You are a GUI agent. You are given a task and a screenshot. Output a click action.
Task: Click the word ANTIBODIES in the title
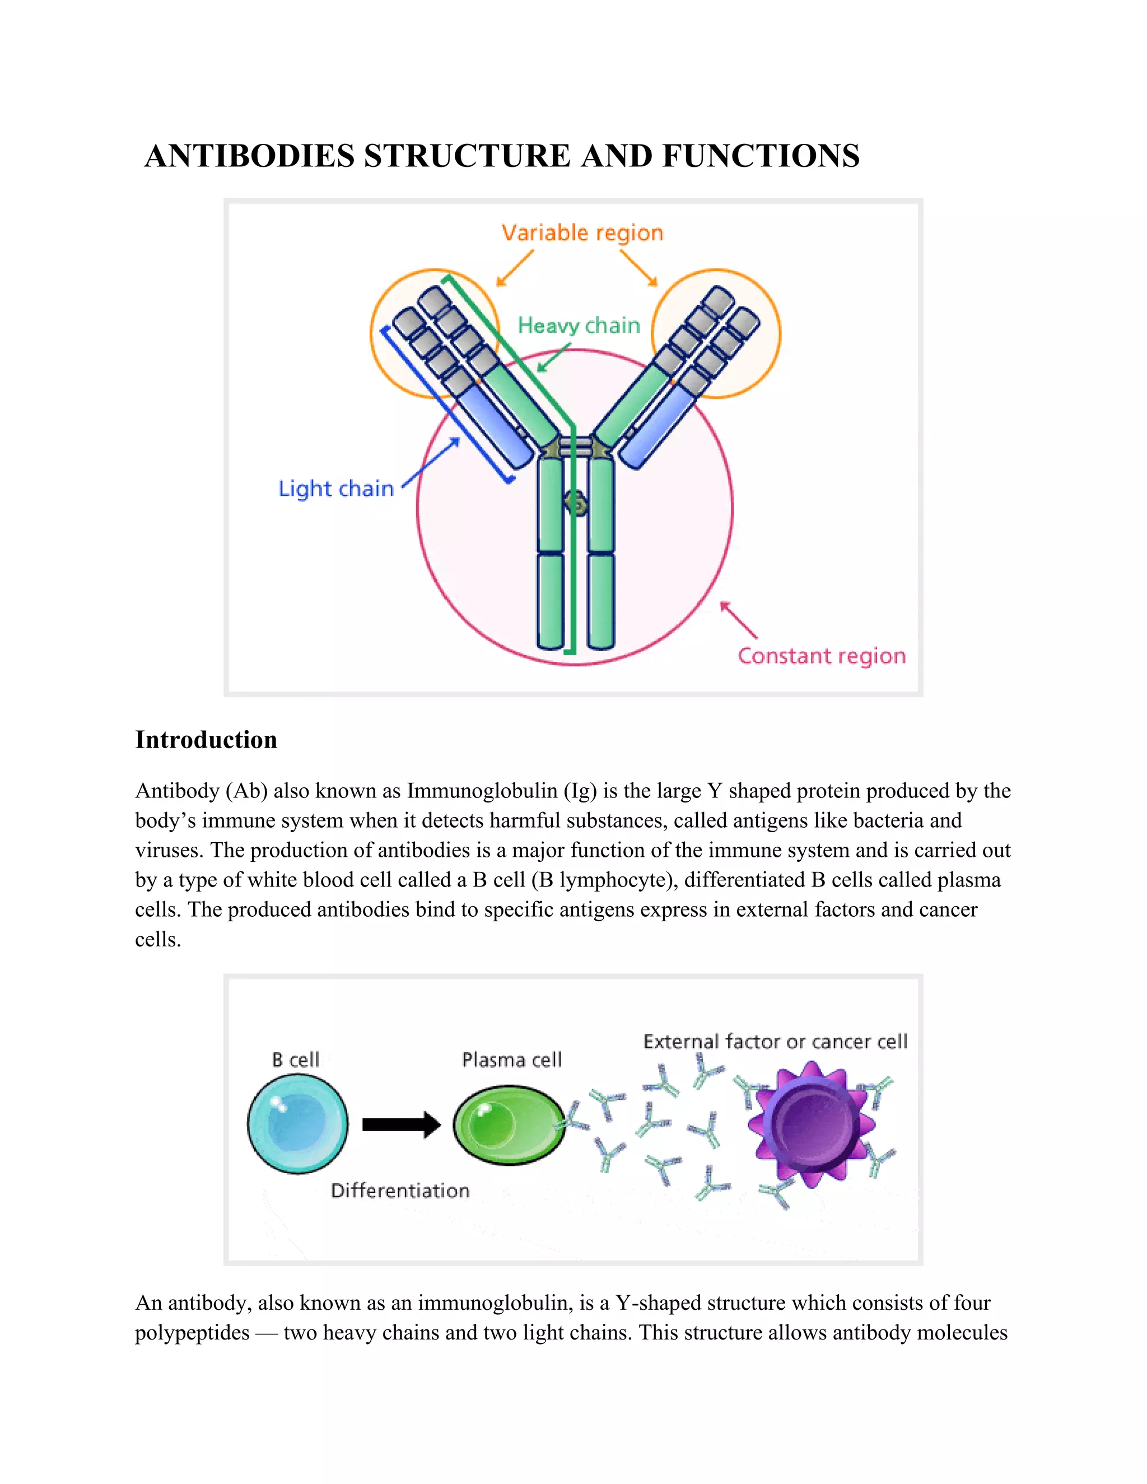(249, 156)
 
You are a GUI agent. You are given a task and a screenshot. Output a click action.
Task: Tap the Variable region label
(582, 233)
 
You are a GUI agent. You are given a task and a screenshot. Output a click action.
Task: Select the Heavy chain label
(579, 325)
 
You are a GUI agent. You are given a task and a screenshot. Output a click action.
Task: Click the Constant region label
(822, 656)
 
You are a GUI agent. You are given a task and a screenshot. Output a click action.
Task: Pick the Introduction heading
(206, 739)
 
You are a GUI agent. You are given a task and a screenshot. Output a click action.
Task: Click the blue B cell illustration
(297, 1124)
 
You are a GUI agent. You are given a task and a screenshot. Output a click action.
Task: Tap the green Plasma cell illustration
(509, 1124)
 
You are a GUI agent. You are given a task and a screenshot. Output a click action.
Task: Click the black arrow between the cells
(401, 1124)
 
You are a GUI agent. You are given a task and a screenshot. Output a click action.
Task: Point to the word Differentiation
(400, 1191)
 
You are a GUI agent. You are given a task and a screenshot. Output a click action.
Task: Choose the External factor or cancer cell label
(775, 1042)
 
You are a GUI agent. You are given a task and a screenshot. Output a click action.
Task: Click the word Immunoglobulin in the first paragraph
(482, 791)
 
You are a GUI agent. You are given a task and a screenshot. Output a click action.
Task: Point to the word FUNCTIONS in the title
(761, 156)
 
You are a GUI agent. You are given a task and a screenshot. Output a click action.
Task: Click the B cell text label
(296, 1060)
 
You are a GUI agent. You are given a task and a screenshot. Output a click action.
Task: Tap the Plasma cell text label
(512, 1060)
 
